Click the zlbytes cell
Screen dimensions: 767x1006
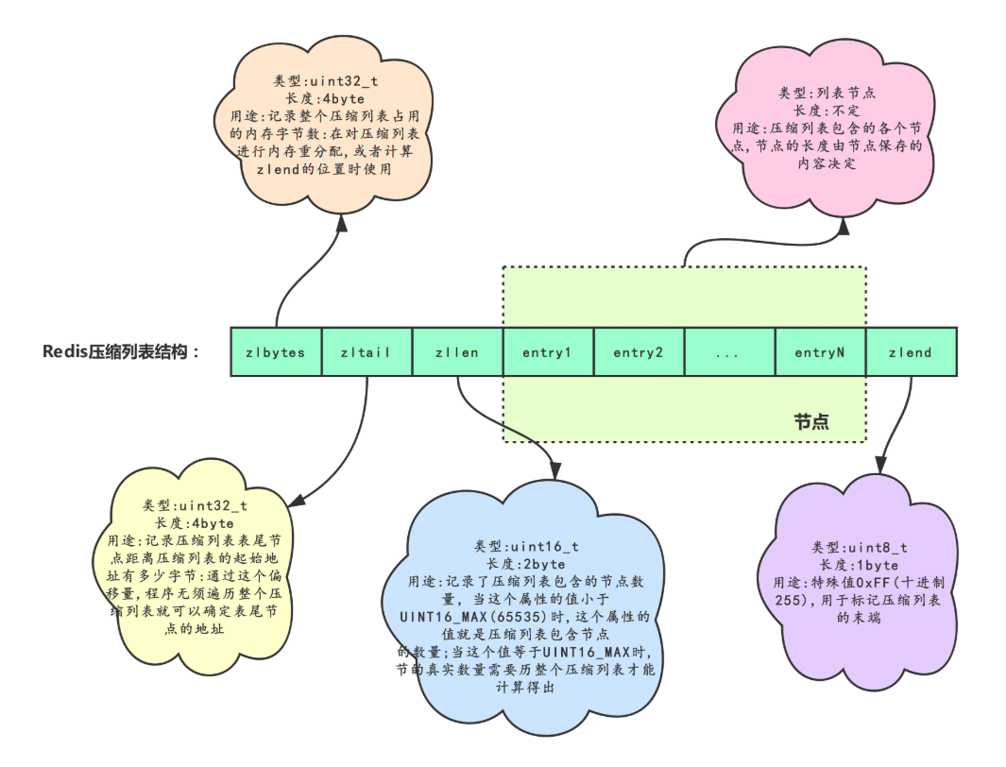[276, 352]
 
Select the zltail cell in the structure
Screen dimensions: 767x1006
[367, 352]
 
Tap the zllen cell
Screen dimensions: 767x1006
[457, 352]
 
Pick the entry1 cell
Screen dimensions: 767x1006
[548, 352]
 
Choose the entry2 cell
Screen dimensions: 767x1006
[639, 352]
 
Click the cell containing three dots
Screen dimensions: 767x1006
[728, 352]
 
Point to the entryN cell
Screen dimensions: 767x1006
[820, 352]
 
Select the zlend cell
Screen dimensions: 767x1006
[911, 352]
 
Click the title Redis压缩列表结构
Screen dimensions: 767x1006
[122, 352]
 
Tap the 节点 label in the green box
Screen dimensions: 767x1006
[812, 421]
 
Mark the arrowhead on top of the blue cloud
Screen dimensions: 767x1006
[554, 470]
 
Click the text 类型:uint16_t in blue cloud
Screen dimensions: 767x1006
[526, 547]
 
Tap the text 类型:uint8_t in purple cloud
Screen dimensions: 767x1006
[860, 548]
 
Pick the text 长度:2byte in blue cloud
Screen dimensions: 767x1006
[526, 564]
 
